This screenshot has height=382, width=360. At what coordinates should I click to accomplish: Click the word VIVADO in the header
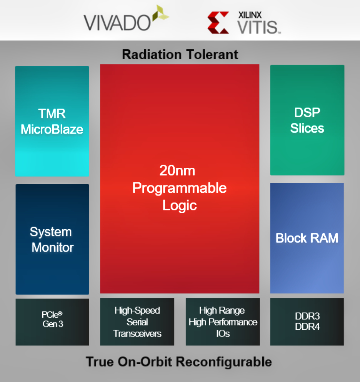[117, 23]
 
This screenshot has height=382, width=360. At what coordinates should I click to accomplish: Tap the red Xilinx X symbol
[218, 22]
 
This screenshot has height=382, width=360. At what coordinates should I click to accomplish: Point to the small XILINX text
[250, 15]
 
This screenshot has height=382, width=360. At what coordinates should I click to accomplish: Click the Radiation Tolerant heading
[180, 54]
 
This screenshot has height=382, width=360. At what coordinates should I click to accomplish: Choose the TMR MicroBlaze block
[52, 121]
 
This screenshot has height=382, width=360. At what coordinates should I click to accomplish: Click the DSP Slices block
[307, 120]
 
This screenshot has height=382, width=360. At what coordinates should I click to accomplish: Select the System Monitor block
[52, 239]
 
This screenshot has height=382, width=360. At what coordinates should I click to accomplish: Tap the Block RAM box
[307, 238]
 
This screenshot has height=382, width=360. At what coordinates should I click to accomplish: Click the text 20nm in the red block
[177, 170]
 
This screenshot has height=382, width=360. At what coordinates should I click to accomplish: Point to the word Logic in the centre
[180, 205]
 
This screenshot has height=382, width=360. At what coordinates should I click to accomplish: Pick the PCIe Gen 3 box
[52, 322]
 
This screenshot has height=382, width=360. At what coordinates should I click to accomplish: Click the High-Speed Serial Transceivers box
[137, 322]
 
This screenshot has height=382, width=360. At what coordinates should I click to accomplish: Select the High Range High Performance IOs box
[223, 322]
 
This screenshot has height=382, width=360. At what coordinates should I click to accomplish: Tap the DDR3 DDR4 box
[307, 322]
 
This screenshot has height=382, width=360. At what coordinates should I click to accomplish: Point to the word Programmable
[180, 188]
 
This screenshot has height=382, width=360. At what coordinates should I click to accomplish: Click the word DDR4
[307, 327]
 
